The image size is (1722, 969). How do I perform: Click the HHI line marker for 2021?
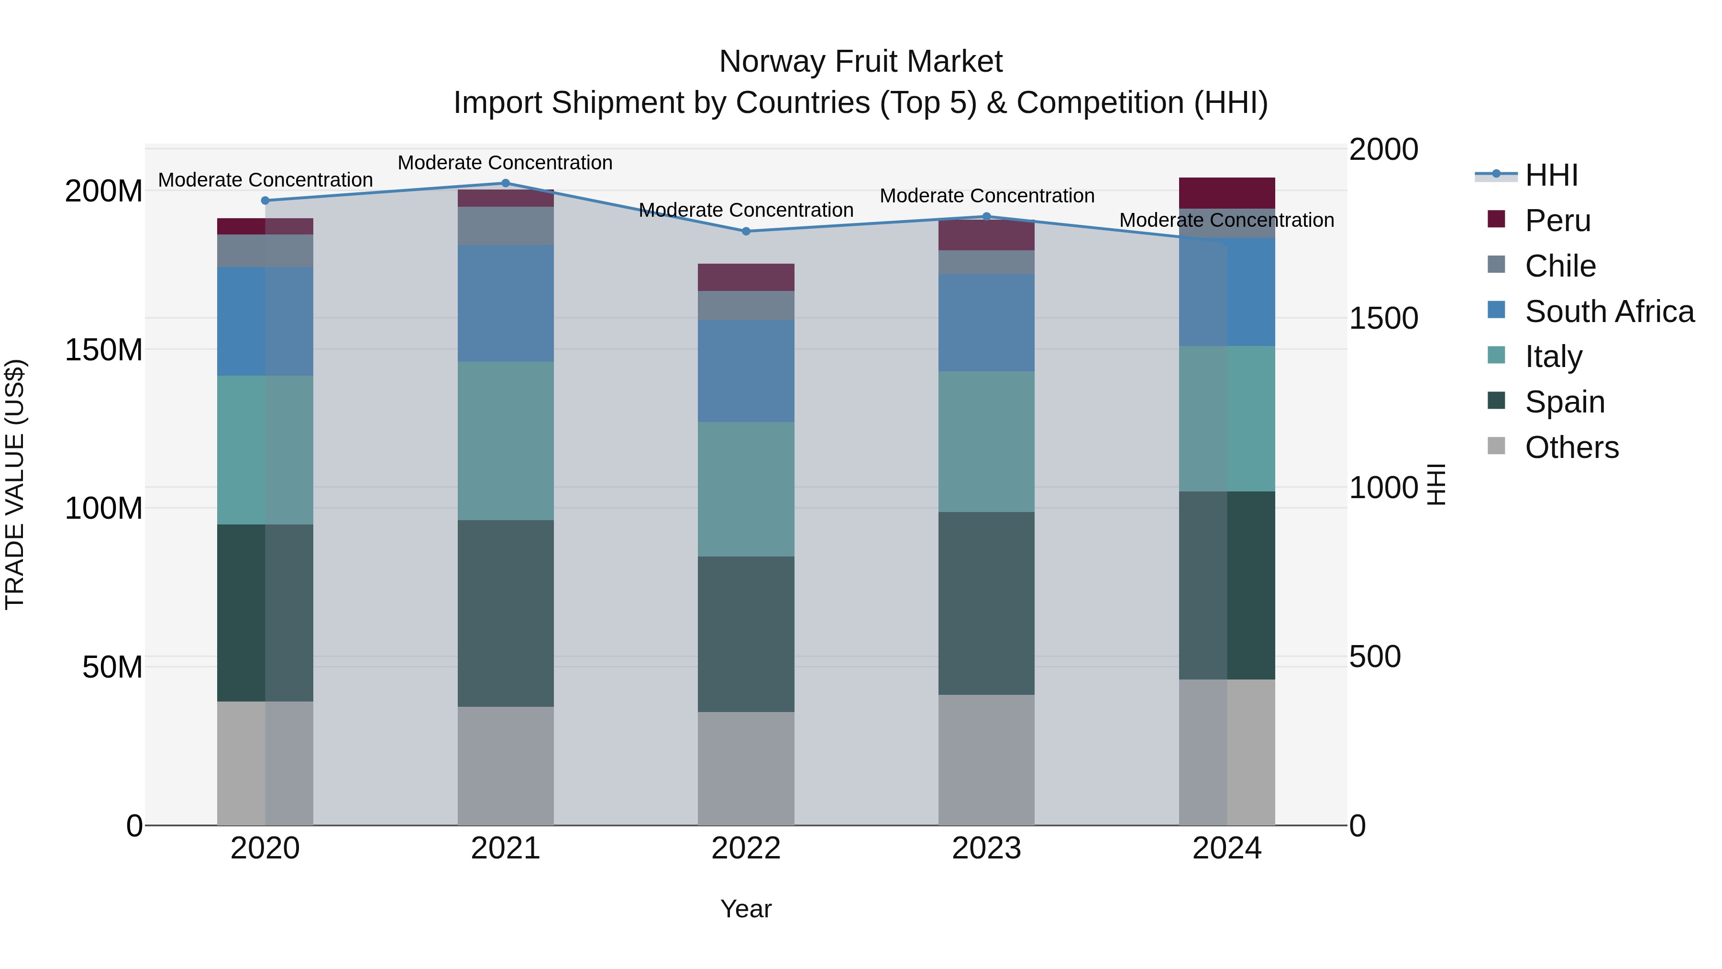(x=506, y=183)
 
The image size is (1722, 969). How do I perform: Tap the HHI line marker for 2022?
(x=746, y=232)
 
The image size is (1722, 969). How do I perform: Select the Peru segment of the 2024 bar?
(x=1226, y=193)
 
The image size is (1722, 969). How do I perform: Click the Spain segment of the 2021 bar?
(x=506, y=613)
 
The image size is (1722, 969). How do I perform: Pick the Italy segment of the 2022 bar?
(x=746, y=489)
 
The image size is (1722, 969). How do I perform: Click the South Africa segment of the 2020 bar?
(x=265, y=321)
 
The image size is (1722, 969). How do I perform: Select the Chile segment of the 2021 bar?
(x=506, y=226)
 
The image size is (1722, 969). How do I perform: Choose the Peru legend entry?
(x=1557, y=221)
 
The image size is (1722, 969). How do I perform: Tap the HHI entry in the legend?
(x=1551, y=175)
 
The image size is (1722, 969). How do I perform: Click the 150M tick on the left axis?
(x=104, y=350)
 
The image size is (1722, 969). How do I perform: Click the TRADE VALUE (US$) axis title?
(x=15, y=484)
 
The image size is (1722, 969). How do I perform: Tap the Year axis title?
(x=746, y=909)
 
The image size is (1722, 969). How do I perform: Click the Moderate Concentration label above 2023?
(x=987, y=196)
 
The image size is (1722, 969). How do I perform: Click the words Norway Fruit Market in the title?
(x=861, y=62)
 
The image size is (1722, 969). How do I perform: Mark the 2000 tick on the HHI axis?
(x=1383, y=149)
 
